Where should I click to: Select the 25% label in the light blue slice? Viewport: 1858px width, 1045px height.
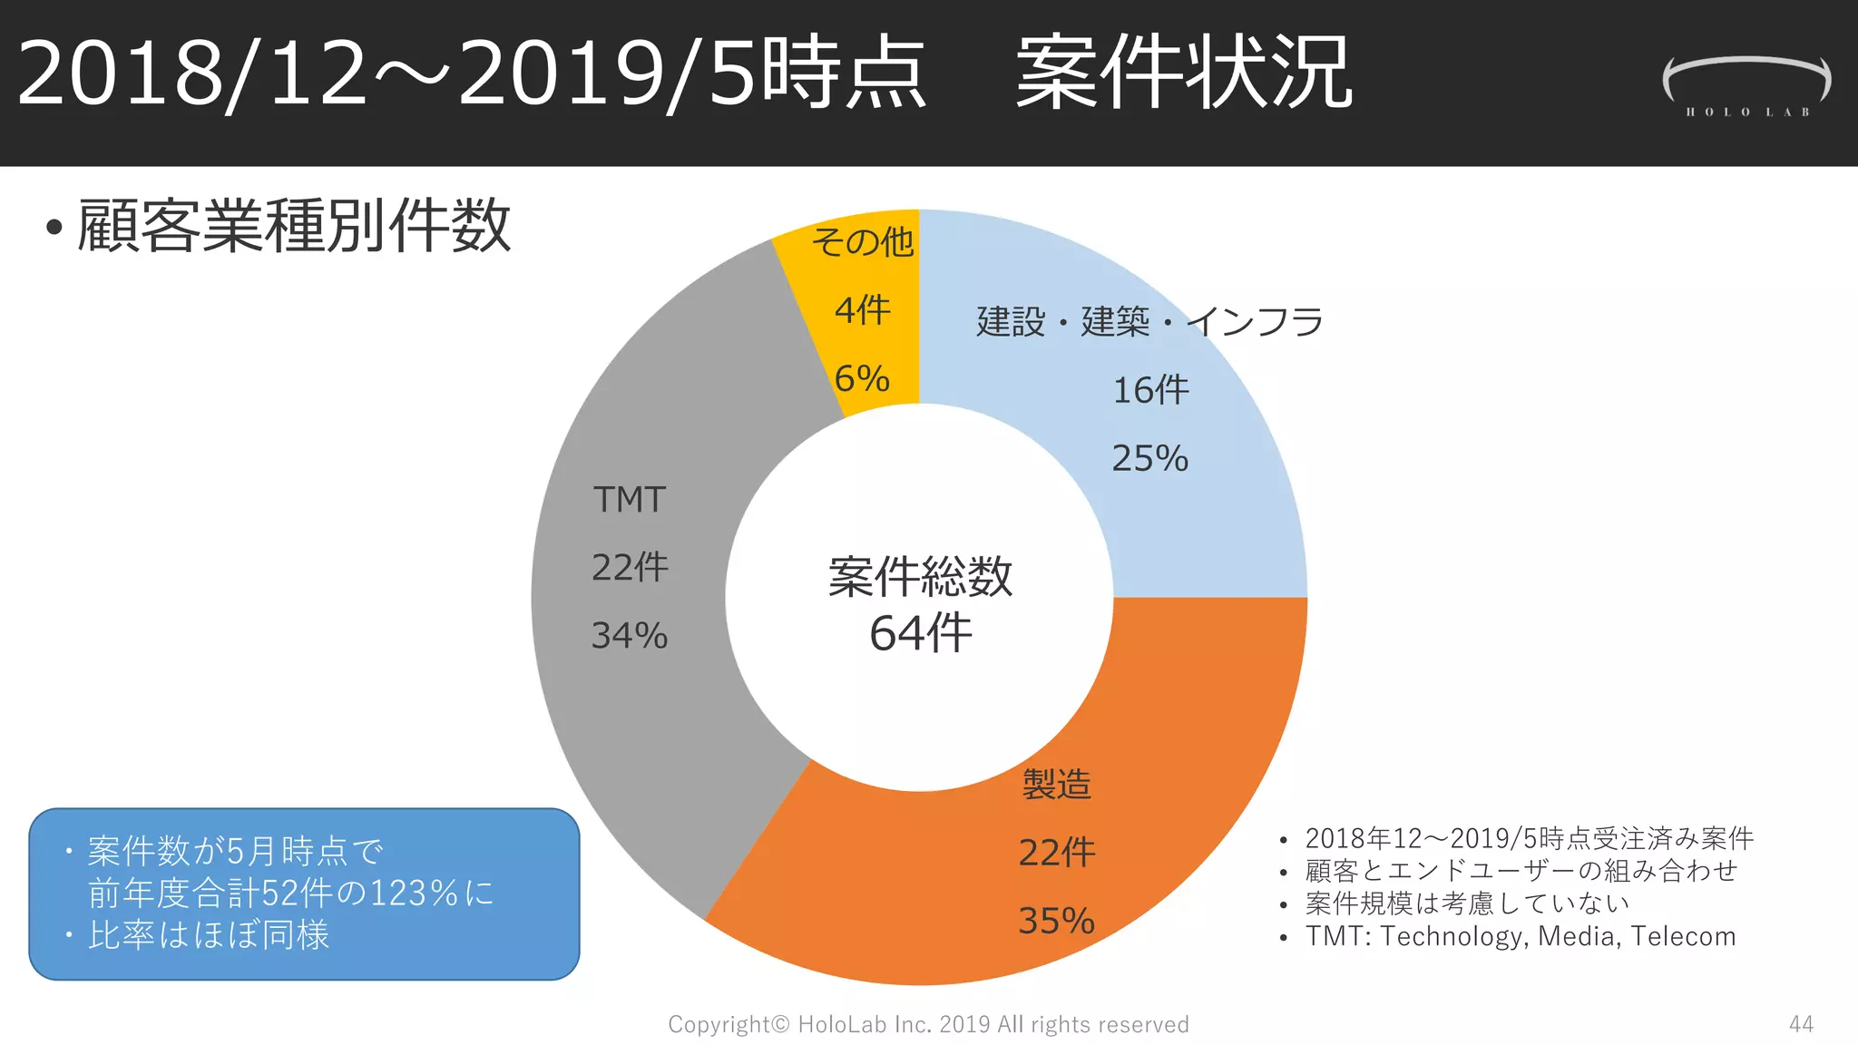[x=1149, y=458]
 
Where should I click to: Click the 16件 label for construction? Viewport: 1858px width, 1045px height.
[x=1150, y=390]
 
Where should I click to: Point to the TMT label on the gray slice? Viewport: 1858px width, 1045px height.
[x=630, y=500]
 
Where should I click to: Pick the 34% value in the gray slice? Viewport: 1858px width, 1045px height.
[x=630, y=635]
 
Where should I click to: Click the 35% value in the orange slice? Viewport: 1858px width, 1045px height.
[x=1056, y=921]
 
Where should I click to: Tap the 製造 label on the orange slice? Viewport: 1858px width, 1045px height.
[x=1056, y=785]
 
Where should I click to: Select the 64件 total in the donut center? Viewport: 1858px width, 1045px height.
[x=920, y=632]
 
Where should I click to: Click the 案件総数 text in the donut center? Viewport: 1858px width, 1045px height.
[x=920, y=577]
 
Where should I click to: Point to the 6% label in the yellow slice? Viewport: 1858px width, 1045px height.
[x=862, y=378]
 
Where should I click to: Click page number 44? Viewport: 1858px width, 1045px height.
[x=1801, y=1024]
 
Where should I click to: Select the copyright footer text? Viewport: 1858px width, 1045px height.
[x=928, y=1024]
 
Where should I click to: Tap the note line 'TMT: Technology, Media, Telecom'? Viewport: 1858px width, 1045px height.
[x=1521, y=936]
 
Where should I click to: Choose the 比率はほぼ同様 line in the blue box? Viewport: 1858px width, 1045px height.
[x=209, y=935]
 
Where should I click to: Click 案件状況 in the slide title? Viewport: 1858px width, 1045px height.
[x=1184, y=73]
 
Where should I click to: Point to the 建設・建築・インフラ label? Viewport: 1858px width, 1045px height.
[x=1149, y=322]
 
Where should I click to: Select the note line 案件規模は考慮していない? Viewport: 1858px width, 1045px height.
[x=1467, y=903]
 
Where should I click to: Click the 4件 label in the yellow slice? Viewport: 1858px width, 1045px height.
[x=862, y=310]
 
